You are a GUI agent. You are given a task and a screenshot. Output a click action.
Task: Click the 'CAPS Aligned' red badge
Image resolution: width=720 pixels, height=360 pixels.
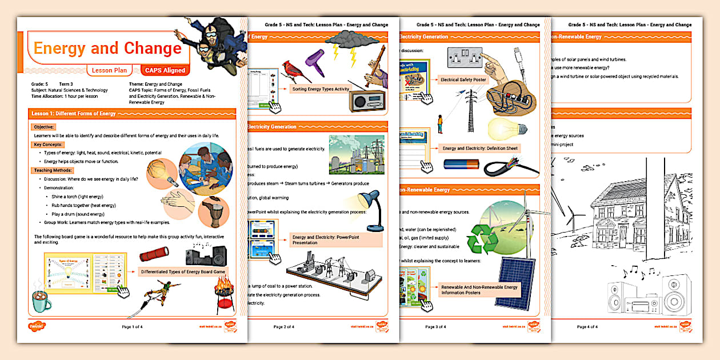coord(165,70)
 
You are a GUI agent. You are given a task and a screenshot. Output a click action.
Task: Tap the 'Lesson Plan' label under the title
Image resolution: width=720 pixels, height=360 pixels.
coord(110,70)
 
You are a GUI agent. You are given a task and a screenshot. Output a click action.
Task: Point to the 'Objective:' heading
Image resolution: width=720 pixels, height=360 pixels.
coord(44,126)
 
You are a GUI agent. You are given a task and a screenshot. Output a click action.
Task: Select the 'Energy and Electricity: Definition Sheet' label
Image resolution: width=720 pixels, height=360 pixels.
coord(480,149)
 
